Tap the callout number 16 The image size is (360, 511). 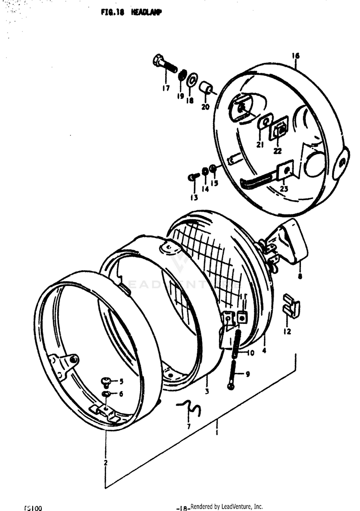click(x=295, y=56)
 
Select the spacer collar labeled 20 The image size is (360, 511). click(x=206, y=88)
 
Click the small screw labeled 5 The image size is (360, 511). click(x=107, y=382)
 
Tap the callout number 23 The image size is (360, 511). click(x=284, y=189)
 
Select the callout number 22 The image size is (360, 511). click(x=277, y=151)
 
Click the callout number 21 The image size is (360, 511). click(x=259, y=145)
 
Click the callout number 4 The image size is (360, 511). click(x=264, y=350)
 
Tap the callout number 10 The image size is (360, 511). click(x=251, y=353)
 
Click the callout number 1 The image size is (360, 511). click(x=217, y=433)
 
